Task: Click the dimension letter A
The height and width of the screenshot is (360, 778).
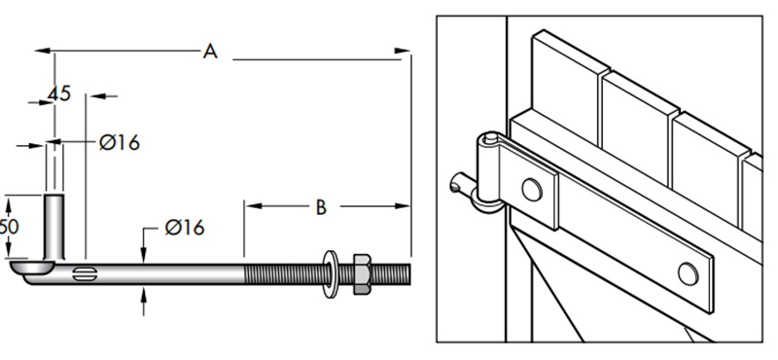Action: pos(209,51)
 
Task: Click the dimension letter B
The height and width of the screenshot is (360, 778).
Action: pos(320,206)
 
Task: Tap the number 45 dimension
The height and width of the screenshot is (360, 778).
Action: pos(59,94)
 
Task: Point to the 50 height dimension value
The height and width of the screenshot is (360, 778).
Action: pos(8,226)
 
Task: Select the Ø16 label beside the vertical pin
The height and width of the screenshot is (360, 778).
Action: pos(120,143)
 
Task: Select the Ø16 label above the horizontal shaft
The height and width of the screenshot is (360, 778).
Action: pos(184,228)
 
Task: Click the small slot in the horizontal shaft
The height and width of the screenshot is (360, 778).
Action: pos(85,270)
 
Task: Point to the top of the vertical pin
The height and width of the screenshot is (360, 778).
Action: pos(55,198)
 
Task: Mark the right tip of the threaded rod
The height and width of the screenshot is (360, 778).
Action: pos(408,273)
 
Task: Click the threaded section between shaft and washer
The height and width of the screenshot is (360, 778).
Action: pos(282,273)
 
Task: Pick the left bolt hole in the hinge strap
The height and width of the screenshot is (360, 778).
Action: pos(532,189)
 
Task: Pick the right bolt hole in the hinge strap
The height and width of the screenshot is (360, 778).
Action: pos(688,273)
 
